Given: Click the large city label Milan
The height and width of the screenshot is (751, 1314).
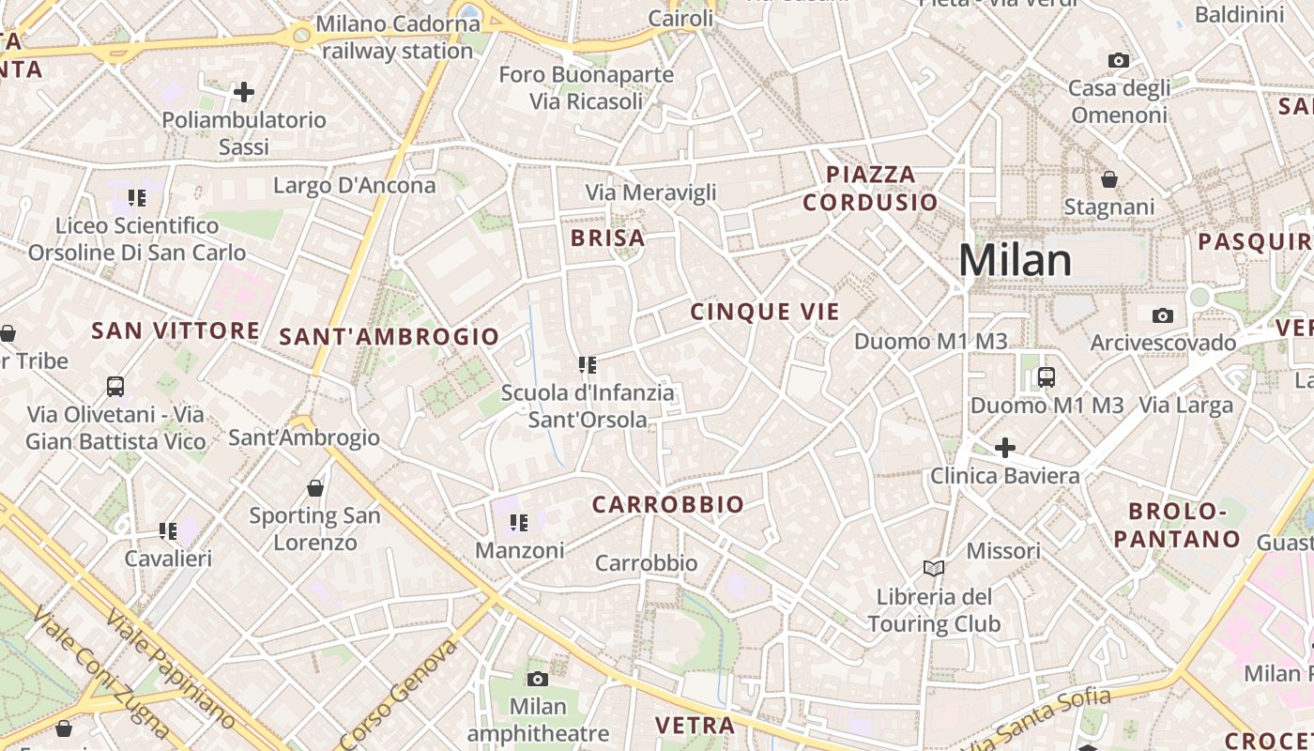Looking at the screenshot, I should (x=1015, y=260).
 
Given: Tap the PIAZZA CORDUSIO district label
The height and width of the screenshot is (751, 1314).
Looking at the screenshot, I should (x=870, y=188).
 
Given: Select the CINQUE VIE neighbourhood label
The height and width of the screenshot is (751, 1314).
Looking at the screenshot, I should (x=765, y=312).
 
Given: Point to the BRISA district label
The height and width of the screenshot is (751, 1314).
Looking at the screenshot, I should (x=608, y=238).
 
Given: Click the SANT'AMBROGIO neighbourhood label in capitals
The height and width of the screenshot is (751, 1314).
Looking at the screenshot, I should (x=390, y=336).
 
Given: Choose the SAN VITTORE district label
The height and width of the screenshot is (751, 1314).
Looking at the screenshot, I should (x=176, y=330).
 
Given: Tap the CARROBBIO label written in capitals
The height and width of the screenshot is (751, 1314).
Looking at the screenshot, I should (x=668, y=505).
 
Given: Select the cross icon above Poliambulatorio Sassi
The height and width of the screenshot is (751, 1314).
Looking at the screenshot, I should (x=244, y=92).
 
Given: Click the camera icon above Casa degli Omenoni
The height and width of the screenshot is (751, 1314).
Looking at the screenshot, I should (x=1118, y=61).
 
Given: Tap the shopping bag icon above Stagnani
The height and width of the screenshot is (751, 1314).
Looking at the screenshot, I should (x=1108, y=179).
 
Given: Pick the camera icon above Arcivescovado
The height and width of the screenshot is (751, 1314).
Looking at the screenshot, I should (x=1162, y=315).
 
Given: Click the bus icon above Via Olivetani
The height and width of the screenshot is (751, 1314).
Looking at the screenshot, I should (x=115, y=386).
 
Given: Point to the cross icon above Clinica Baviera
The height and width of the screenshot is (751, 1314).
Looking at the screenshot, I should (x=1004, y=448).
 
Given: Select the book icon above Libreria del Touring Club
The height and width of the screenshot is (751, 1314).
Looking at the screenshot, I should (x=933, y=568).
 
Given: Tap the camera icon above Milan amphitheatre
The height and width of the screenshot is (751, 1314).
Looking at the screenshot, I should (x=537, y=679).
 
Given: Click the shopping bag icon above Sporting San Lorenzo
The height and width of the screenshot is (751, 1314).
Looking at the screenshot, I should (x=315, y=488).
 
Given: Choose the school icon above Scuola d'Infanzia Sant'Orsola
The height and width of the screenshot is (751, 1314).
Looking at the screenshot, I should (x=588, y=364).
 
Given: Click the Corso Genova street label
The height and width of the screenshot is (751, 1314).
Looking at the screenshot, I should (x=400, y=695).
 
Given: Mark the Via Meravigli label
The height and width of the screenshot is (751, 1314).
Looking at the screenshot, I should (x=650, y=192).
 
